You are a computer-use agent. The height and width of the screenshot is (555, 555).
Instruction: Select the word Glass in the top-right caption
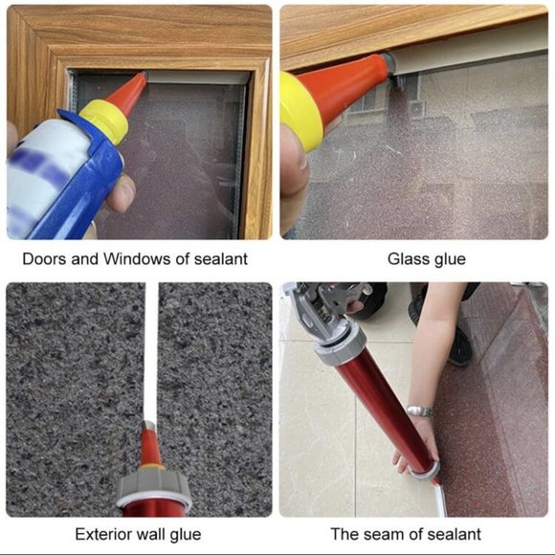click(x=407, y=259)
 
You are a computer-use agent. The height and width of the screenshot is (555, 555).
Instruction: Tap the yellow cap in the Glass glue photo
click(x=300, y=111)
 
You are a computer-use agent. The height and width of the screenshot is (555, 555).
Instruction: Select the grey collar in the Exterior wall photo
click(x=154, y=484)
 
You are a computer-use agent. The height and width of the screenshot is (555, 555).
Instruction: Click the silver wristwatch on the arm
click(x=420, y=411)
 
